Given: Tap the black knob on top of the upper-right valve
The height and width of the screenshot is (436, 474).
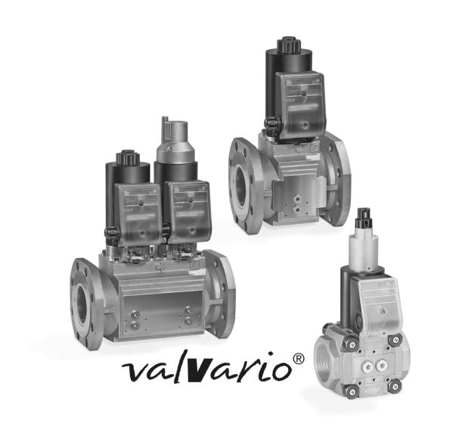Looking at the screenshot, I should (x=288, y=45).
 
